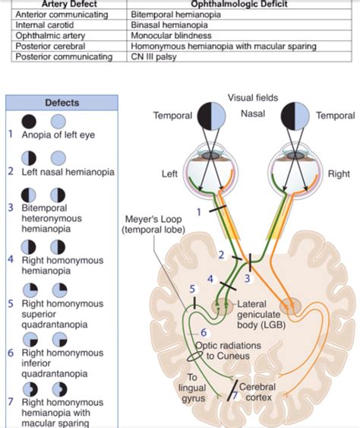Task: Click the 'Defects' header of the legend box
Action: coord(62,102)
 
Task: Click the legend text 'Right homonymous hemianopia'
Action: coord(57,264)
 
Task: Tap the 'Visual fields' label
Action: coord(252,97)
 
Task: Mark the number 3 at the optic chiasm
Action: coord(247,279)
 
